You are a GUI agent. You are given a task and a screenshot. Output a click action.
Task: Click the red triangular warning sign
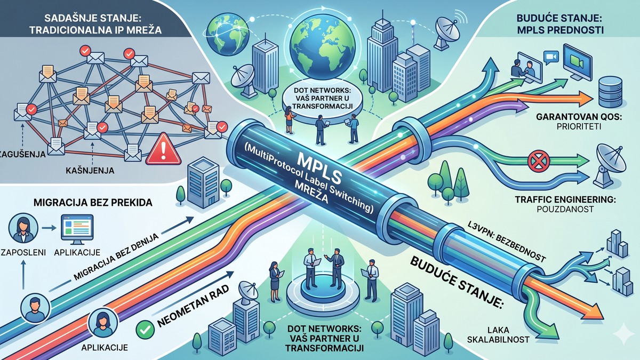tap(163, 149)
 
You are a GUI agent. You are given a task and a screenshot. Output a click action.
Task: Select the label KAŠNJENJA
tap(90, 171)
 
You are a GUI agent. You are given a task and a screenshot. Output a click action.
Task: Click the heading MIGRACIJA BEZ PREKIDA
tap(93, 203)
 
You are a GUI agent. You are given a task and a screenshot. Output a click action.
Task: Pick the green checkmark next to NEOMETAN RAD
tap(145, 330)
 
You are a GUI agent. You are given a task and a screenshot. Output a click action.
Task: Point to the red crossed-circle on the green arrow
tap(539, 161)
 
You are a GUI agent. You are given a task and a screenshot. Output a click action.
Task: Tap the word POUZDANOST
tap(565, 209)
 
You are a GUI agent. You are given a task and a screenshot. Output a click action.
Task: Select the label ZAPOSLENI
tap(23, 253)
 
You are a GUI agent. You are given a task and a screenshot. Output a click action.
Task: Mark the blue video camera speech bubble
tap(551, 57)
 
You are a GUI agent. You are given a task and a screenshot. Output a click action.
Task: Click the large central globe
tap(322, 47)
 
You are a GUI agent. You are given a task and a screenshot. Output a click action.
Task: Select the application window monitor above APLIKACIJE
tap(77, 229)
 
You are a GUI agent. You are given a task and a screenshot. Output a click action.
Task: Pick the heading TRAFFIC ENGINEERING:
tap(565, 199)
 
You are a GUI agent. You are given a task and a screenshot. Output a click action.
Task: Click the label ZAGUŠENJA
tap(23, 154)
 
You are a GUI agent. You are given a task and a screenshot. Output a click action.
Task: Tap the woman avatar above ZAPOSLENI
tap(23, 228)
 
